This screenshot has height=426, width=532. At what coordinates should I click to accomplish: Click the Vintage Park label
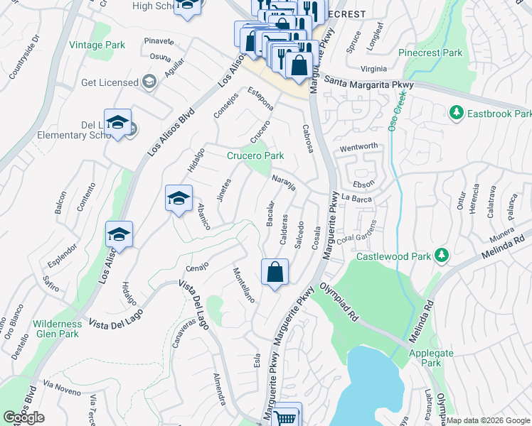[x=97, y=45]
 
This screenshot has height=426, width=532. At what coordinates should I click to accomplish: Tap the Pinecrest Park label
[x=430, y=53]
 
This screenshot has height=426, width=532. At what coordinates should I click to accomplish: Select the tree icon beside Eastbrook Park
[x=456, y=113]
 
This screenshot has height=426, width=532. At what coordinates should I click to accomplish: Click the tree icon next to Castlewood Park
[x=442, y=255]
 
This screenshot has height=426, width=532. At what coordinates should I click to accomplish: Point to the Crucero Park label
[x=255, y=155]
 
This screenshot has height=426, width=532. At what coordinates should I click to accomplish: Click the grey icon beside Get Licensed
[x=149, y=82]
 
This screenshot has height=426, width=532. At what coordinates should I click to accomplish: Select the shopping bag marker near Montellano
[x=275, y=272]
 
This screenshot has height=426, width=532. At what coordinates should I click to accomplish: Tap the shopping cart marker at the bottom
[x=286, y=416]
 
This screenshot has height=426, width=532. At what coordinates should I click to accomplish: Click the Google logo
[x=23, y=417]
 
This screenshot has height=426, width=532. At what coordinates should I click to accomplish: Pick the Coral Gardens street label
[x=356, y=234]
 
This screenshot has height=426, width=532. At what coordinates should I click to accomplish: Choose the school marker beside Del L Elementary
[x=117, y=123]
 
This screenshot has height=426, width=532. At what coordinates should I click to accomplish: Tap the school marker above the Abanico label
[x=179, y=198]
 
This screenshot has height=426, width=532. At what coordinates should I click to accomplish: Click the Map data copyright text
[x=488, y=420]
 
